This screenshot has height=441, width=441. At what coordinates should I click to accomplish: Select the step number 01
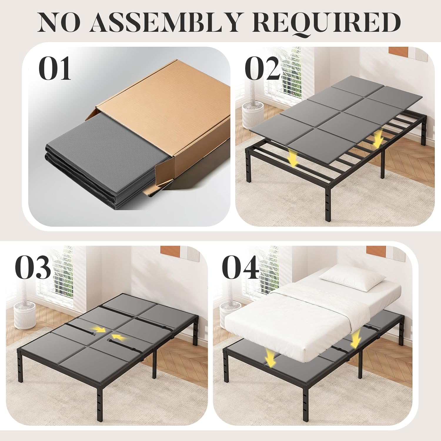pyautogui.click(x=55, y=69)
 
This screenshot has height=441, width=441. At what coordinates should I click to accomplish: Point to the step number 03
pyautogui.click(x=33, y=268)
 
